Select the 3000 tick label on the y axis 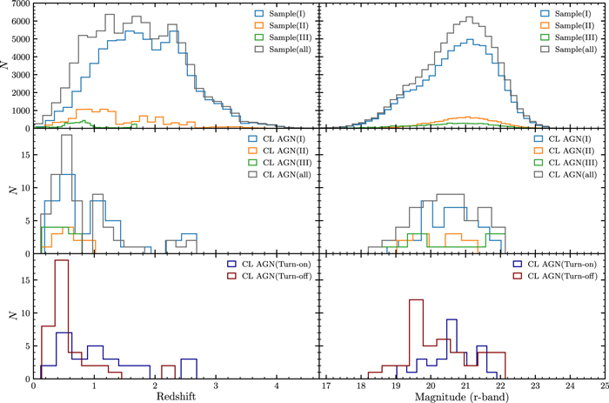(18, 66)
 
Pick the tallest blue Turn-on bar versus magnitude (451, 321)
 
